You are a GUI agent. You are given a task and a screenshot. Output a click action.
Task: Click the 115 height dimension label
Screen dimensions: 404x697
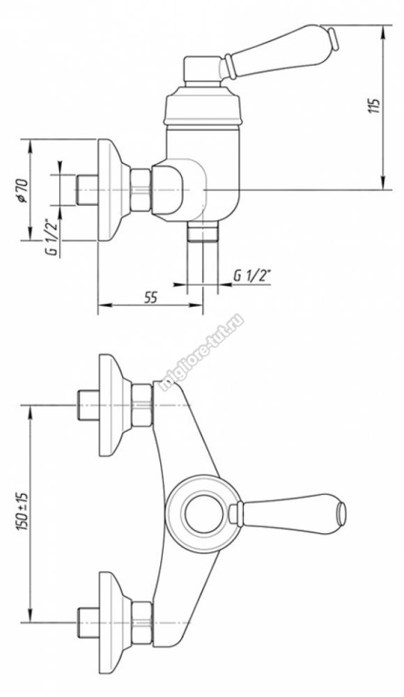coord(376,106)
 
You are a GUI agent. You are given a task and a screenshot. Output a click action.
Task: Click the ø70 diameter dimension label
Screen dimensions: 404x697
coord(23,190)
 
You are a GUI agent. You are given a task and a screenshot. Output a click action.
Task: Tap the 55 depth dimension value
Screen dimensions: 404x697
coord(150,298)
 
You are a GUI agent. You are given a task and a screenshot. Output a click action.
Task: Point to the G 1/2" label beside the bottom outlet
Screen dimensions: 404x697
coord(252,276)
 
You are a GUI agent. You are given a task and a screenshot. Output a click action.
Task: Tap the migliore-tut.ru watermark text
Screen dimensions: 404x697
coord(201,352)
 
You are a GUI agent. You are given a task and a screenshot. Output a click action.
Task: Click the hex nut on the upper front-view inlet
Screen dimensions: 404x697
coord(142,404)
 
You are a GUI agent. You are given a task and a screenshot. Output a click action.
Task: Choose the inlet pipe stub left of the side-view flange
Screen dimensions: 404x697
coord(87,190)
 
